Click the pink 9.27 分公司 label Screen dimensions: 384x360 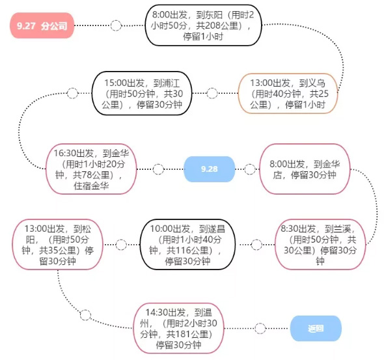click(42, 25)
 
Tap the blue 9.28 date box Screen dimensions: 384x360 click(209, 169)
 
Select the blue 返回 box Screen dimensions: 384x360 click(316, 328)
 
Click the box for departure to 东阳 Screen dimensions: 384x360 click(203, 25)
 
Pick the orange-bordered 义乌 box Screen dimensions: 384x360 click(288, 93)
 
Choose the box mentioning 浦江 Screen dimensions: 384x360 click(142, 93)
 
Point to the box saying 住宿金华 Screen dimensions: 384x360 click(91, 169)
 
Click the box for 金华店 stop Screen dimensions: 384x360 click(305, 169)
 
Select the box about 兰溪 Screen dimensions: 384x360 click(320, 244)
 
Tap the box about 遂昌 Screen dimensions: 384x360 click(187, 244)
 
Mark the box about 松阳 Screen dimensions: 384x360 click(57, 244)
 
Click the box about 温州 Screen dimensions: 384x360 click(178, 328)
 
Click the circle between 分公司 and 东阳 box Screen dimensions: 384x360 click(116, 25)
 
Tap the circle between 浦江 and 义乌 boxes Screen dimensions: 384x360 click(212, 93)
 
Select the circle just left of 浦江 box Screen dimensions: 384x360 click(72, 93)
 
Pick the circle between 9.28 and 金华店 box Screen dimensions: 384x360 click(250, 169)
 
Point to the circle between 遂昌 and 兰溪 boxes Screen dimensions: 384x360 click(256, 244)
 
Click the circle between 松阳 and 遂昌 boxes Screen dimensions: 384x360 click(121, 244)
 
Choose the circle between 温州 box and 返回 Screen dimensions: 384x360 click(260, 328)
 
